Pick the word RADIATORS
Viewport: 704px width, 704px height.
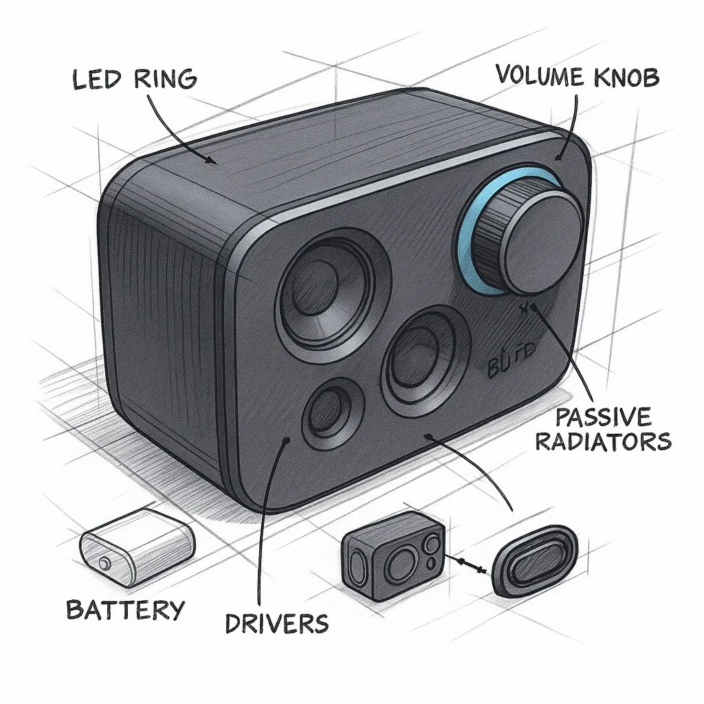[x=602, y=441]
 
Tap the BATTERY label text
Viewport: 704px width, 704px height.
[x=125, y=608]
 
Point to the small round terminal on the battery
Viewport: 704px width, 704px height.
[x=104, y=564]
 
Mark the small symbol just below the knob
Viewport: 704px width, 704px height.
[x=527, y=309]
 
